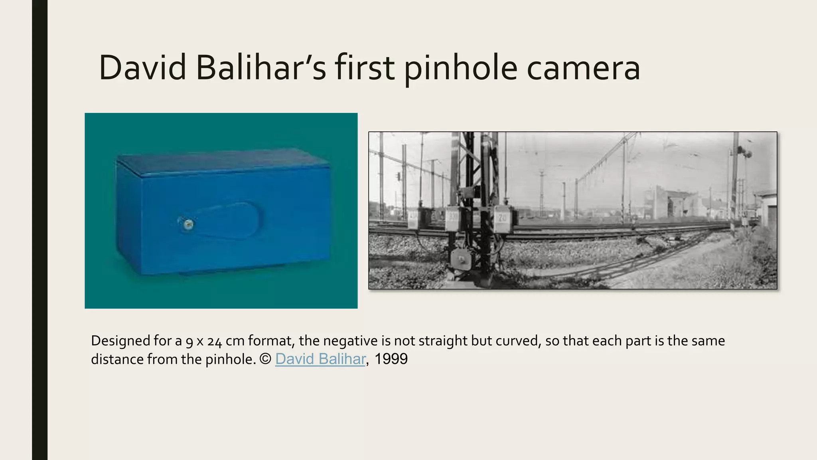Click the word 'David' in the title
pyautogui.click(x=142, y=67)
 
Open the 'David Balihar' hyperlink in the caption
pyautogui.click(x=320, y=359)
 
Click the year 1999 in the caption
pyautogui.click(x=391, y=359)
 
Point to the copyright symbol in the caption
pyautogui.click(x=265, y=359)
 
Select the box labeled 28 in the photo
pyautogui.click(x=503, y=219)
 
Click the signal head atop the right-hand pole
pyautogui.click(x=744, y=152)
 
